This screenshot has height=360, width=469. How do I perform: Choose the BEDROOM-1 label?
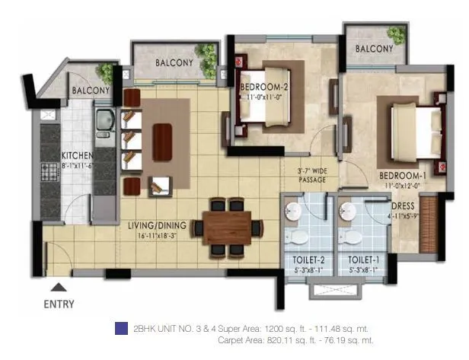coord(404,175)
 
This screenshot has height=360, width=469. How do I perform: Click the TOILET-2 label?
coord(308,260)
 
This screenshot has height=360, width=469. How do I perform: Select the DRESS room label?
coord(403,205)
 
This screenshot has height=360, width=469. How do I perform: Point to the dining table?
coord(228,226)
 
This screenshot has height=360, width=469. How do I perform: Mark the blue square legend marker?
coord(120,328)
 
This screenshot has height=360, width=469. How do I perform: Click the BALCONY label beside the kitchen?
coord(91,91)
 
